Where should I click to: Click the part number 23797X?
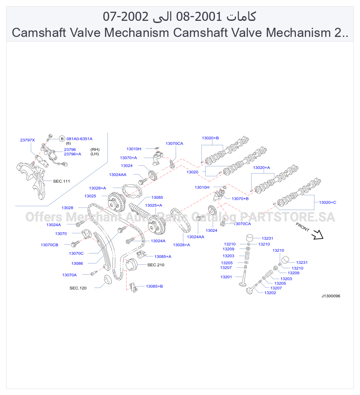click(27, 140)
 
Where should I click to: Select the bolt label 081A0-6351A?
click(79, 139)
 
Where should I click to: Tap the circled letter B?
click(62, 139)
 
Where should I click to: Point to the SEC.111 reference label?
click(62, 181)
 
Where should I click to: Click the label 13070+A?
click(128, 158)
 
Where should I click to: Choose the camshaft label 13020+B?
click(210, 138)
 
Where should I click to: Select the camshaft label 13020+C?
click(327, 202)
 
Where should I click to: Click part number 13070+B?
click(240, 199)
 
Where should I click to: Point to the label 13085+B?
click(154, 286)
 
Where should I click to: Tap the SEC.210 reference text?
click(156, 265)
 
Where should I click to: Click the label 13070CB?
click(49, 245)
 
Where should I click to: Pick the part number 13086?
click(77, 263)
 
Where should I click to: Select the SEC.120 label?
click(78, 288)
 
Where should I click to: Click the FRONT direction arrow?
click(317, 234)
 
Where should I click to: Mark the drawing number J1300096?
click(331, 296)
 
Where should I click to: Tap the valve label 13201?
click(226, 277)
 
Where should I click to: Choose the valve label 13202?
click(270, 293)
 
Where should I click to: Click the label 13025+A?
click(154, 206)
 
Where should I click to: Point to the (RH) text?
click(95, 150)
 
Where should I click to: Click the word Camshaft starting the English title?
click(39, 33)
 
